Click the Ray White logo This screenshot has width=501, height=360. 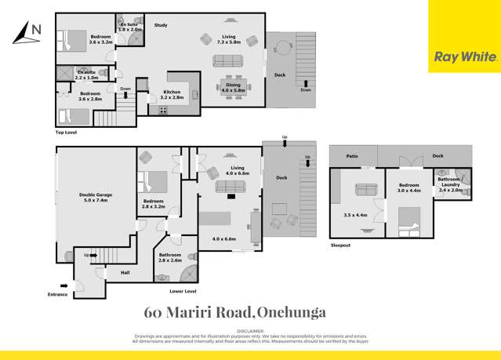(x=465, y=56)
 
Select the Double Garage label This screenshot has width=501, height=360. (x=96, y=198)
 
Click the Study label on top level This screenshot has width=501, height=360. (x=161, y=26)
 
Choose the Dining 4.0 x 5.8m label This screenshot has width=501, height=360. (x=233, y=88)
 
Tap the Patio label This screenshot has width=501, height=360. (x=352, y=156)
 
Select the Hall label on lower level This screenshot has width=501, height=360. (x=125, y=272)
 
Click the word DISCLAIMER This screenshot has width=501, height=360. (x=249, y=332)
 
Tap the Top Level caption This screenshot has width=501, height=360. (x=66, y=133)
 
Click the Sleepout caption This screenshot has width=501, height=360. (x=341, y=245)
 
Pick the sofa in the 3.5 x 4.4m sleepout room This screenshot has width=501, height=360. (x=366, y=189)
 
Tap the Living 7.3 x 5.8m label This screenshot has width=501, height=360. (x=228, y=39)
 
